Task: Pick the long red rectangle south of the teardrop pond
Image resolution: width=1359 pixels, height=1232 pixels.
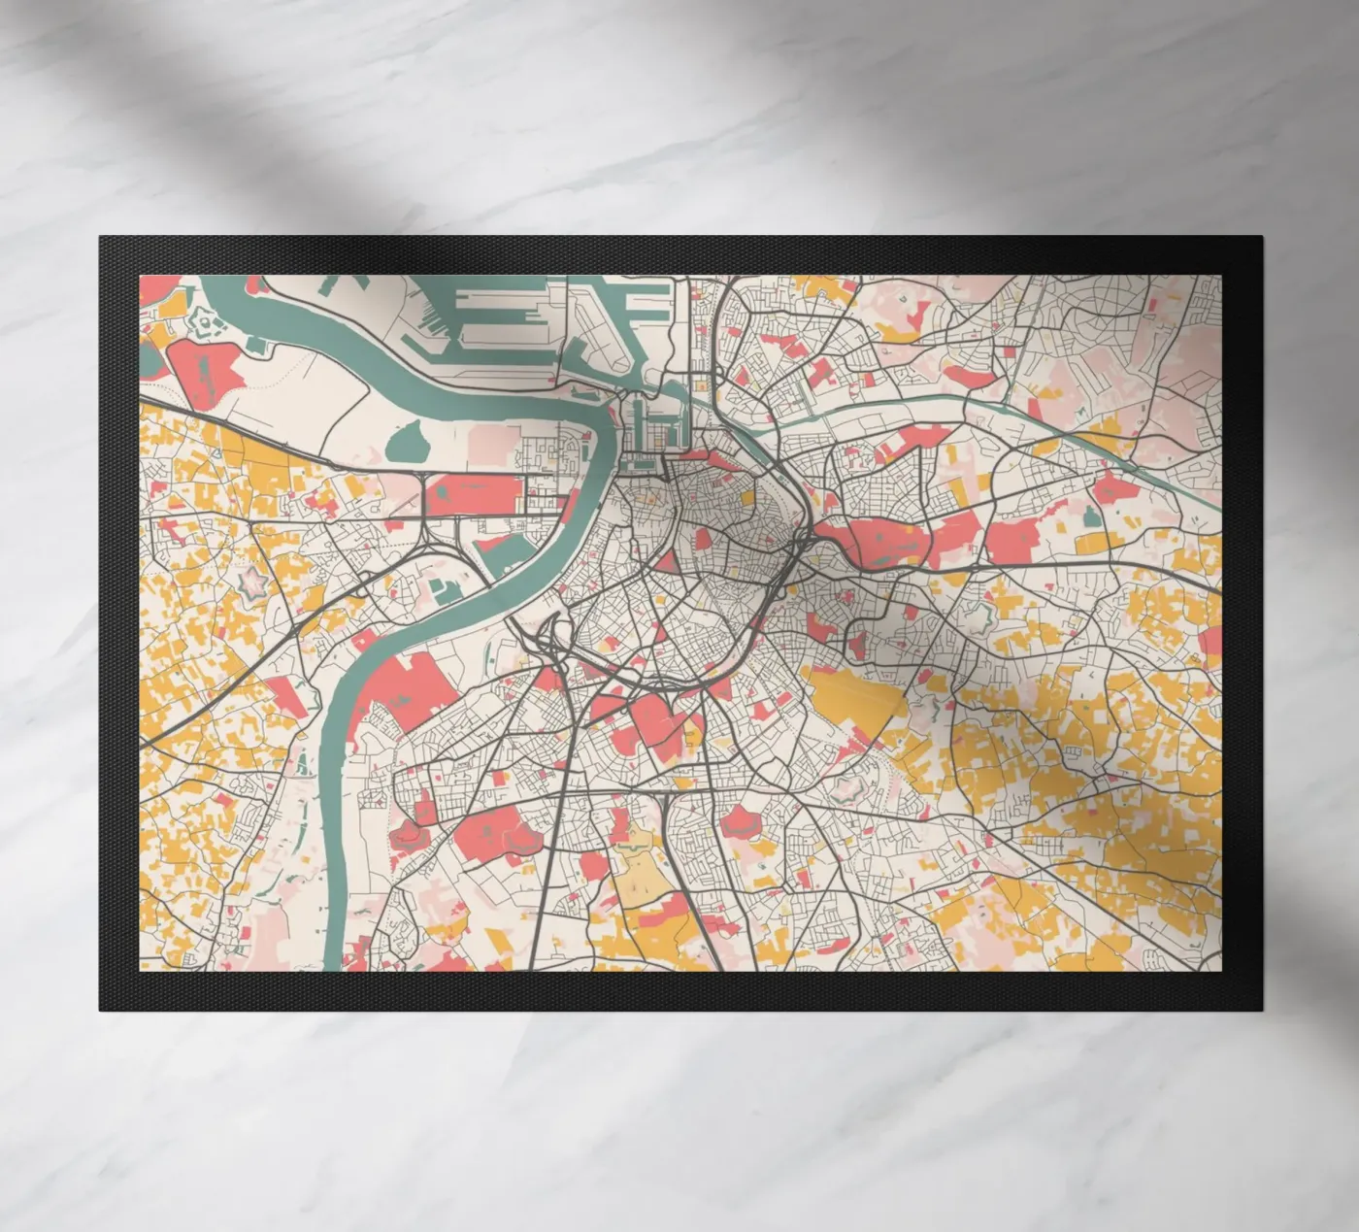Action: (476, 494)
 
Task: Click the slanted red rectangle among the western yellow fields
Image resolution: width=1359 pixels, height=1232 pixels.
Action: (286, 696)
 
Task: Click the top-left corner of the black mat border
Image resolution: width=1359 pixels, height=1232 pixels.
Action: (100, 237)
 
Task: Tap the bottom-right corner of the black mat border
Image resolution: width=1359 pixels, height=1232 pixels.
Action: (1261, 1009)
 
